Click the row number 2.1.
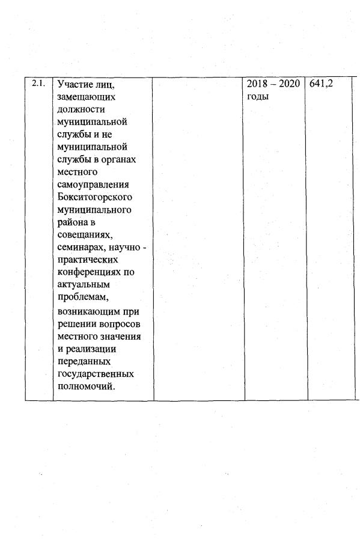(x=39, y=84)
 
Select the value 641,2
(x=321, y=85)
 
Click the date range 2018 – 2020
(x=273, y=85)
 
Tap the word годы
(x=258, y=97)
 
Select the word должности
(x=82, y=109)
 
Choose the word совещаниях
(x=84, y=234)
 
